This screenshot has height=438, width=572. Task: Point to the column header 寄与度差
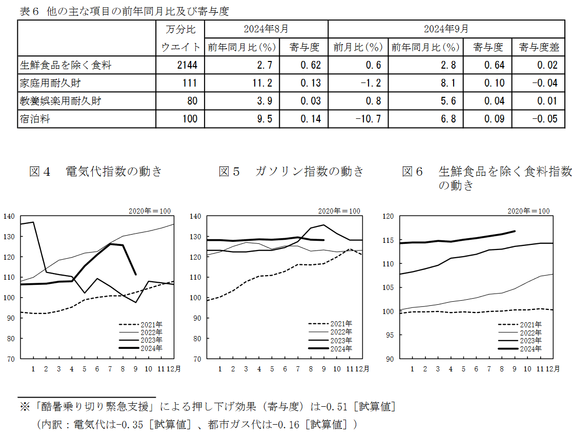tap(538, 48)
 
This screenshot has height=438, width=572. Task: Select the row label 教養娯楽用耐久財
tap(60, 101)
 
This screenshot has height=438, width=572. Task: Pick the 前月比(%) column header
tap(358, 48)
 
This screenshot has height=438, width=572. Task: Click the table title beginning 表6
tap(124, 11)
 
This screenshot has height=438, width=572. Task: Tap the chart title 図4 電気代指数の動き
tap(96, 172)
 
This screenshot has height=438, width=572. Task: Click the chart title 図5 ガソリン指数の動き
tap(291, 172)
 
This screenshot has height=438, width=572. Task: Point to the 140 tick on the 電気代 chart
tap(10, 216)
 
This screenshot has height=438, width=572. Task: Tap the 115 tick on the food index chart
tap(389, 240)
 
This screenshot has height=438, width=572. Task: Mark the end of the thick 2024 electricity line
tap(136, 275)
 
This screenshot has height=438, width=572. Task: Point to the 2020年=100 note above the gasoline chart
tap(339, 211)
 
